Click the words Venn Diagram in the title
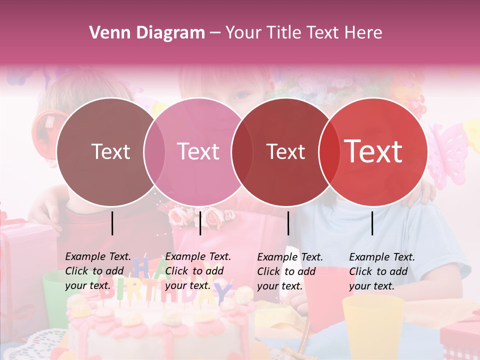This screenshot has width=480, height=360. pyautogui.click(x=147, y=33)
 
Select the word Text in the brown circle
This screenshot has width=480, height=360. pyautogui.click(x=110, y=151)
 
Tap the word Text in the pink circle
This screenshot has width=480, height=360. pyautogui.click(x=198, y=151)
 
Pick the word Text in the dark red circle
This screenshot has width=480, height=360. pyautogui.click(x=285, y=151)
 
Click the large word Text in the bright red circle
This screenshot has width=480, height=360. pyautogui.click(x=373, y=151)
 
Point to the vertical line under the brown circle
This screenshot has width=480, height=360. pyautogui.click(x=112, y=223)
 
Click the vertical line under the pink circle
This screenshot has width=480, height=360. pyautogui.click(x=200, y=223)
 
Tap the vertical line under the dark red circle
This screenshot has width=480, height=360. pyautogui.click(x=288, y=223)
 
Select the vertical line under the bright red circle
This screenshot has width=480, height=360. pyautogui.click(x=372, y=223)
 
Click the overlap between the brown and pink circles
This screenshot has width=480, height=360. pyautogui.click(x=154, y=151)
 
